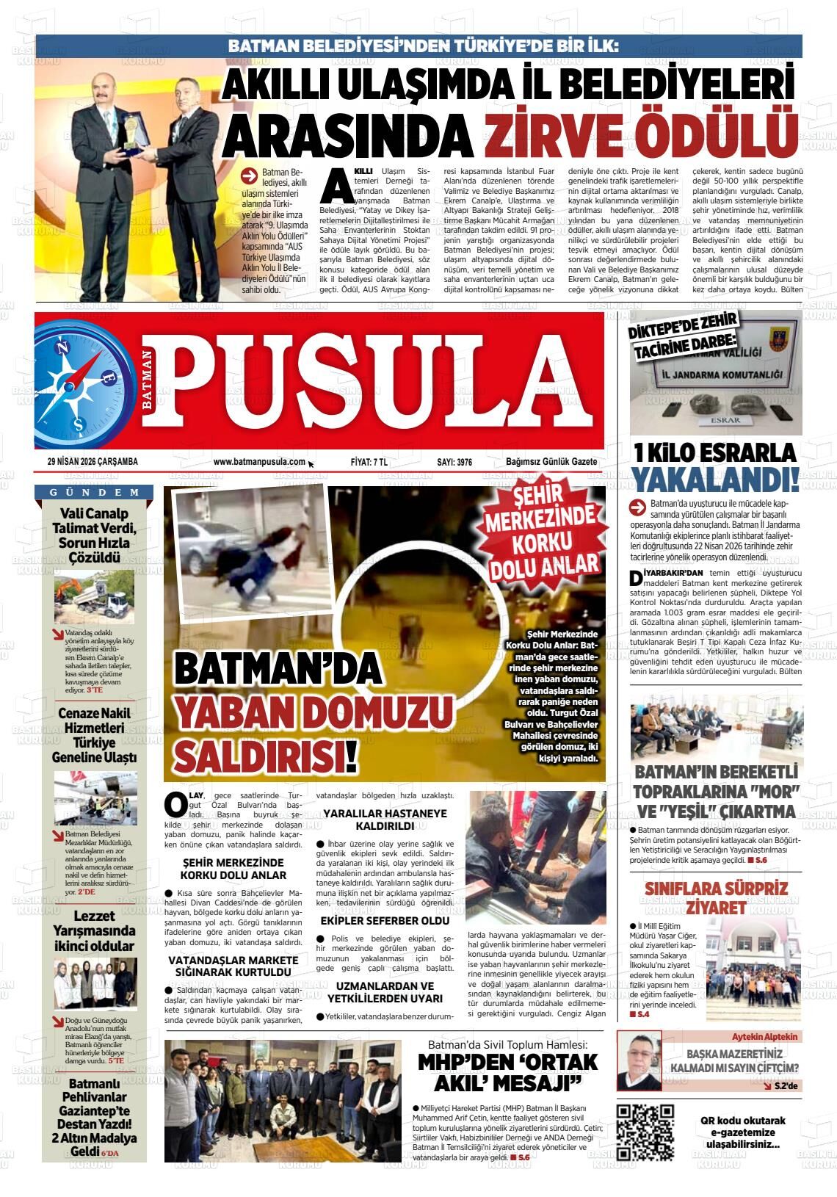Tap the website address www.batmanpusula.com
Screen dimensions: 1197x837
(x=259, y=462)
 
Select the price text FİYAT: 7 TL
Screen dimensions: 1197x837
(x=369, y=462)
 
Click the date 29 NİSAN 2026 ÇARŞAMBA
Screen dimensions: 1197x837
(x=93, y=462)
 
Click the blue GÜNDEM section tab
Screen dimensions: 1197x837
(x=95, y=492)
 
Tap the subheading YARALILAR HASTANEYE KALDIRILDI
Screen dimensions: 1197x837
(x=385, y=820)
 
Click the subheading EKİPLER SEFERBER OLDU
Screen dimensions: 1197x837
(x=385, y=920)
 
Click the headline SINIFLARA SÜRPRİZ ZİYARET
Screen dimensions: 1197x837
(x=715, y=897)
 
